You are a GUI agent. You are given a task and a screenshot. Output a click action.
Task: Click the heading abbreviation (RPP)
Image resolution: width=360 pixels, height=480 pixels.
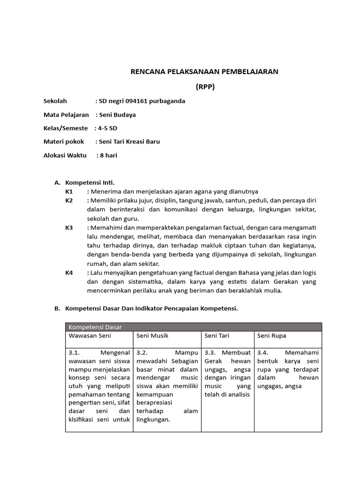[x=205, y=87]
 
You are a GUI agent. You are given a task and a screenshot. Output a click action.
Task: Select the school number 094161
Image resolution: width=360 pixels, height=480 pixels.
[x=136, y=101]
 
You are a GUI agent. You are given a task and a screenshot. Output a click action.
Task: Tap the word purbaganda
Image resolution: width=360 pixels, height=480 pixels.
[x=169, y=101]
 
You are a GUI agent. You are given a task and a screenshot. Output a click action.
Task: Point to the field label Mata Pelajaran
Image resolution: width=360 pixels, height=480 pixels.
[x=66, y=114]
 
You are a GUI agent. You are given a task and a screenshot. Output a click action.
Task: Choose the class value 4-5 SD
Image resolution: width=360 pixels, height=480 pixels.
[x=107, y=128]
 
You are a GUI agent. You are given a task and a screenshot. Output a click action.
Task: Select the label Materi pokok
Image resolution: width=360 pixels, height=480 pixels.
[x=64, y=142]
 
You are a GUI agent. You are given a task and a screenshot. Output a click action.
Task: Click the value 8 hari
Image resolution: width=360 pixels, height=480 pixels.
[x=108, y=155]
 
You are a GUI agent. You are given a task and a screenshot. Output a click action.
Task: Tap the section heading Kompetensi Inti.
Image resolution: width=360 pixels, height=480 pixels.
[x=90, y=182]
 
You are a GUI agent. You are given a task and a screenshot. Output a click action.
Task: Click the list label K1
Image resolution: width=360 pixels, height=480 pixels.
[x=69, y=191]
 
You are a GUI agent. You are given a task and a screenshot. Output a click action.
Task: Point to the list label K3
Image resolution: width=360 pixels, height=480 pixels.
[x=69, y=227]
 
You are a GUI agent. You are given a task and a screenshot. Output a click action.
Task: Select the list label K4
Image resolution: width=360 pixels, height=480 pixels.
[x=69, y=272]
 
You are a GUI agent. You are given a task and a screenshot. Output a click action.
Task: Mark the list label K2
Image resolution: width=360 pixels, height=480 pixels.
[x=69, y=200]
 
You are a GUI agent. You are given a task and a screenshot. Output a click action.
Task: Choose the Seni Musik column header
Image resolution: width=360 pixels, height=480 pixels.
[x=152, y=336]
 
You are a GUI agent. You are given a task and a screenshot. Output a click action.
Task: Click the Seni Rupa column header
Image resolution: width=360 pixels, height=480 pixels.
[x=272, y=336]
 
